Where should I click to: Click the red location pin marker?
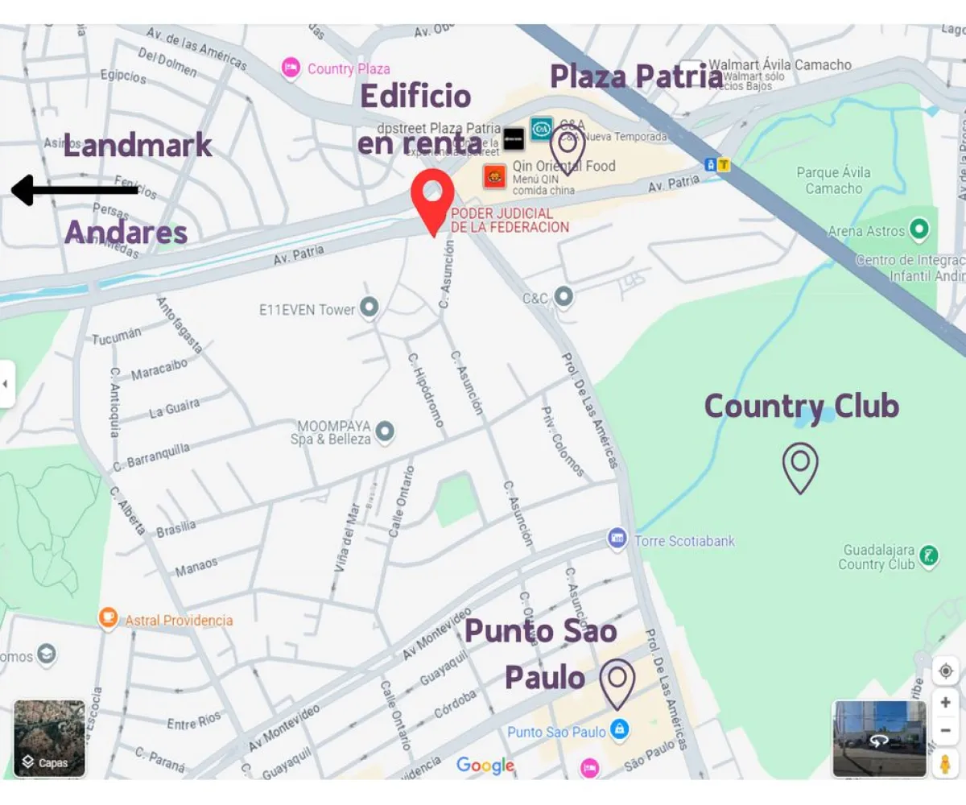tap(432, 196)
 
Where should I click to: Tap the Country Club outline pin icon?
tap(800, 466)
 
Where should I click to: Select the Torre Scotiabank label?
tap(684, 540)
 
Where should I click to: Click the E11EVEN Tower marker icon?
tap(369, 308)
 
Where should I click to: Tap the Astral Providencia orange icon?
tap(107, 619)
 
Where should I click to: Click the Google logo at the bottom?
tap(485, 766)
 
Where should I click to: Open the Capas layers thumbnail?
tap(49, 737)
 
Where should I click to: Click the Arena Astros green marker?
tap(919, 231)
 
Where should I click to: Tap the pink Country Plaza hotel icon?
tap(291, 68)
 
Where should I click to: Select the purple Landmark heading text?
tap(138, 146)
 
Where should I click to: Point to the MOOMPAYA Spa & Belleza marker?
tap(385, 432)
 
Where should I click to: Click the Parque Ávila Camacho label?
tap(834, 180)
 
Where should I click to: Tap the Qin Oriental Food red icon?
tap(495, 176)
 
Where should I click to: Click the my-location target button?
tap(945, 670)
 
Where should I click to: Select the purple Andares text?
tap(126, 233)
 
